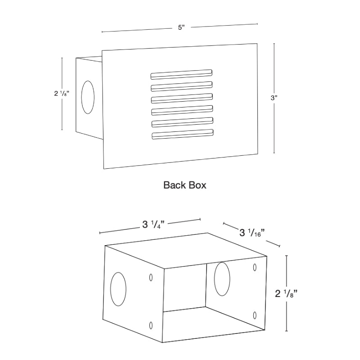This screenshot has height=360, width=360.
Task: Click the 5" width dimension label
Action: (181, 27)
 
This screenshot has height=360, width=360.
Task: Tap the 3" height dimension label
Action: (274, 98)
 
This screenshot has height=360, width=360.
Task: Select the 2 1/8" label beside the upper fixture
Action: (62, 94)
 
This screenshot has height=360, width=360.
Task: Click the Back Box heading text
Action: (185, 185)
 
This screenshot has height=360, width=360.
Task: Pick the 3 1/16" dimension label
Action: (252, 233)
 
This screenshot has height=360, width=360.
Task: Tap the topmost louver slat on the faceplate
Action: (181, 74)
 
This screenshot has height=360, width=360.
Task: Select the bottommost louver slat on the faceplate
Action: (183, 134)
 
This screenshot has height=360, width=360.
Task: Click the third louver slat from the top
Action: (182, 98)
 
